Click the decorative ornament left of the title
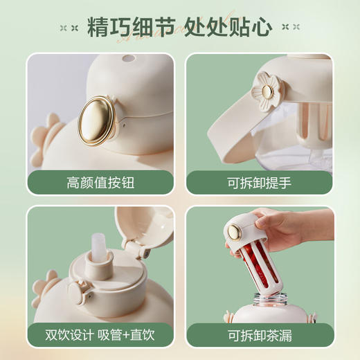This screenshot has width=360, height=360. coord(69,28)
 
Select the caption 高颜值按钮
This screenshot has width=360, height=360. coord(100,183)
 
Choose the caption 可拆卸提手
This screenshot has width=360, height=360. coord(260,183)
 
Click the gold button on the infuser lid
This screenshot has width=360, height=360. coord(235,232)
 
